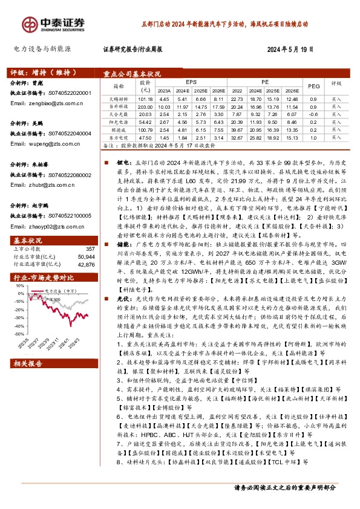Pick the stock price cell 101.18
(145, 98)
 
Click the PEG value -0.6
(313, 114)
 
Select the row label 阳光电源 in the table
(117, 122)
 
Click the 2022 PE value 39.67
(238, 129)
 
